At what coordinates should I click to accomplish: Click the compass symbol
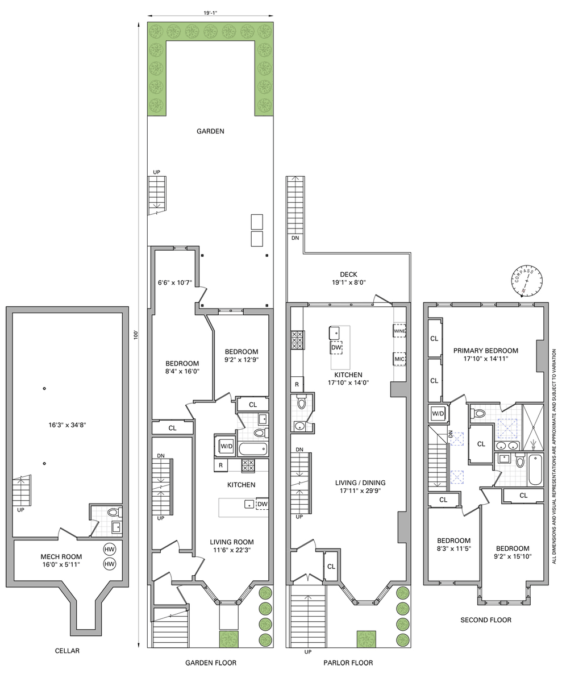coord(526,281)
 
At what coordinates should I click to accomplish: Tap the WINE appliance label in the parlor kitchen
coord(399,331)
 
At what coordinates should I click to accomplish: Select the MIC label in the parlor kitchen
coord(399,359)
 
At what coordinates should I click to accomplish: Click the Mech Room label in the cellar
coord(61,556)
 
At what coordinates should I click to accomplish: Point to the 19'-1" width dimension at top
coord(210,13)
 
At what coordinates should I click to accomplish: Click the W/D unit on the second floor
coord(438,413)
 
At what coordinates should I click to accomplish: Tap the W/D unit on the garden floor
coord(226,446)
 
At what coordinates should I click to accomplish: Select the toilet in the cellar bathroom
coord(115,512)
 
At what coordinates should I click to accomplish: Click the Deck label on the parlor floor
coord(348,275)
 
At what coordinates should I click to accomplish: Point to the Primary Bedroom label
coord(486,351)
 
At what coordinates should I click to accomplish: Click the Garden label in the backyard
coord(210,131)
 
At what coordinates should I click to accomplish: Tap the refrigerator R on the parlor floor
coord(297,384)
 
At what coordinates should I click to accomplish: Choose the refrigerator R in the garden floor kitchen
coord(220,465)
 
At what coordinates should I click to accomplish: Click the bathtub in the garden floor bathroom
coord(253,449)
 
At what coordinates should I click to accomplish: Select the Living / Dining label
coord(360,483)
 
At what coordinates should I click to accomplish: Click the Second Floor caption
coord(486,619)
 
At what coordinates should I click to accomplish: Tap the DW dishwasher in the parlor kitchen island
coord(336,347)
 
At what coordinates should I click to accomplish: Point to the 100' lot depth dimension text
coord(136,335)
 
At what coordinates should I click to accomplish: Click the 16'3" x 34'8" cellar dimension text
coord(67,425)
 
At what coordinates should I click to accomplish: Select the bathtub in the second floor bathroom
coord(535,470)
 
